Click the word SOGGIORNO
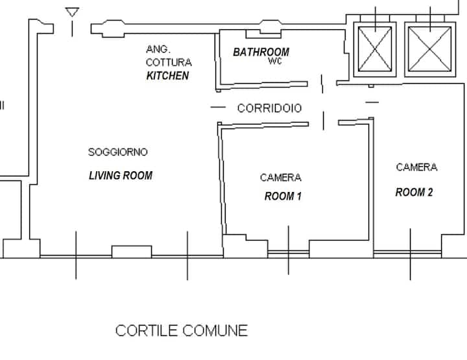(118, 152)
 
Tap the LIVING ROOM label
(121, 175)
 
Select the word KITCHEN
(167, 76)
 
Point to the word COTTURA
(169, 62)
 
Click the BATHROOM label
(261, 52)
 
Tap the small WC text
(275, 61)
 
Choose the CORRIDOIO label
(270, 108)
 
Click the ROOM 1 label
(283, 197)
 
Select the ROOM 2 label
(414, 193)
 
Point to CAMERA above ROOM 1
(281, 178)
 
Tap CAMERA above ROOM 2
(416, 167)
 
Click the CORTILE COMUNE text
(182, 331)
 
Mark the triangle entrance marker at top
(72, 12)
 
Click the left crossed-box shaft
(375, 49)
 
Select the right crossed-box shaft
(430, 49)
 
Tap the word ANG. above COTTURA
(158, 49)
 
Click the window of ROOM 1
(288, 254)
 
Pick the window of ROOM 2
(407, 254)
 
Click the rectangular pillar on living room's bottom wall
(132, 252)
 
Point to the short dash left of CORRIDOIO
(218, 107)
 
